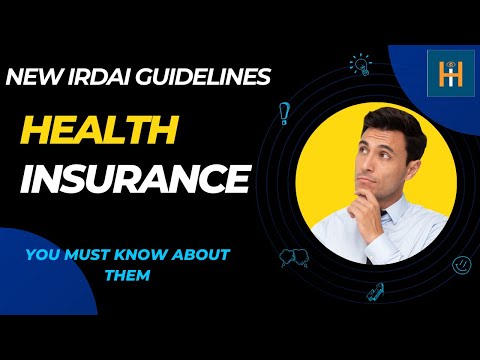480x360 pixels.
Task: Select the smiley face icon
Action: tap(462, 266)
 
